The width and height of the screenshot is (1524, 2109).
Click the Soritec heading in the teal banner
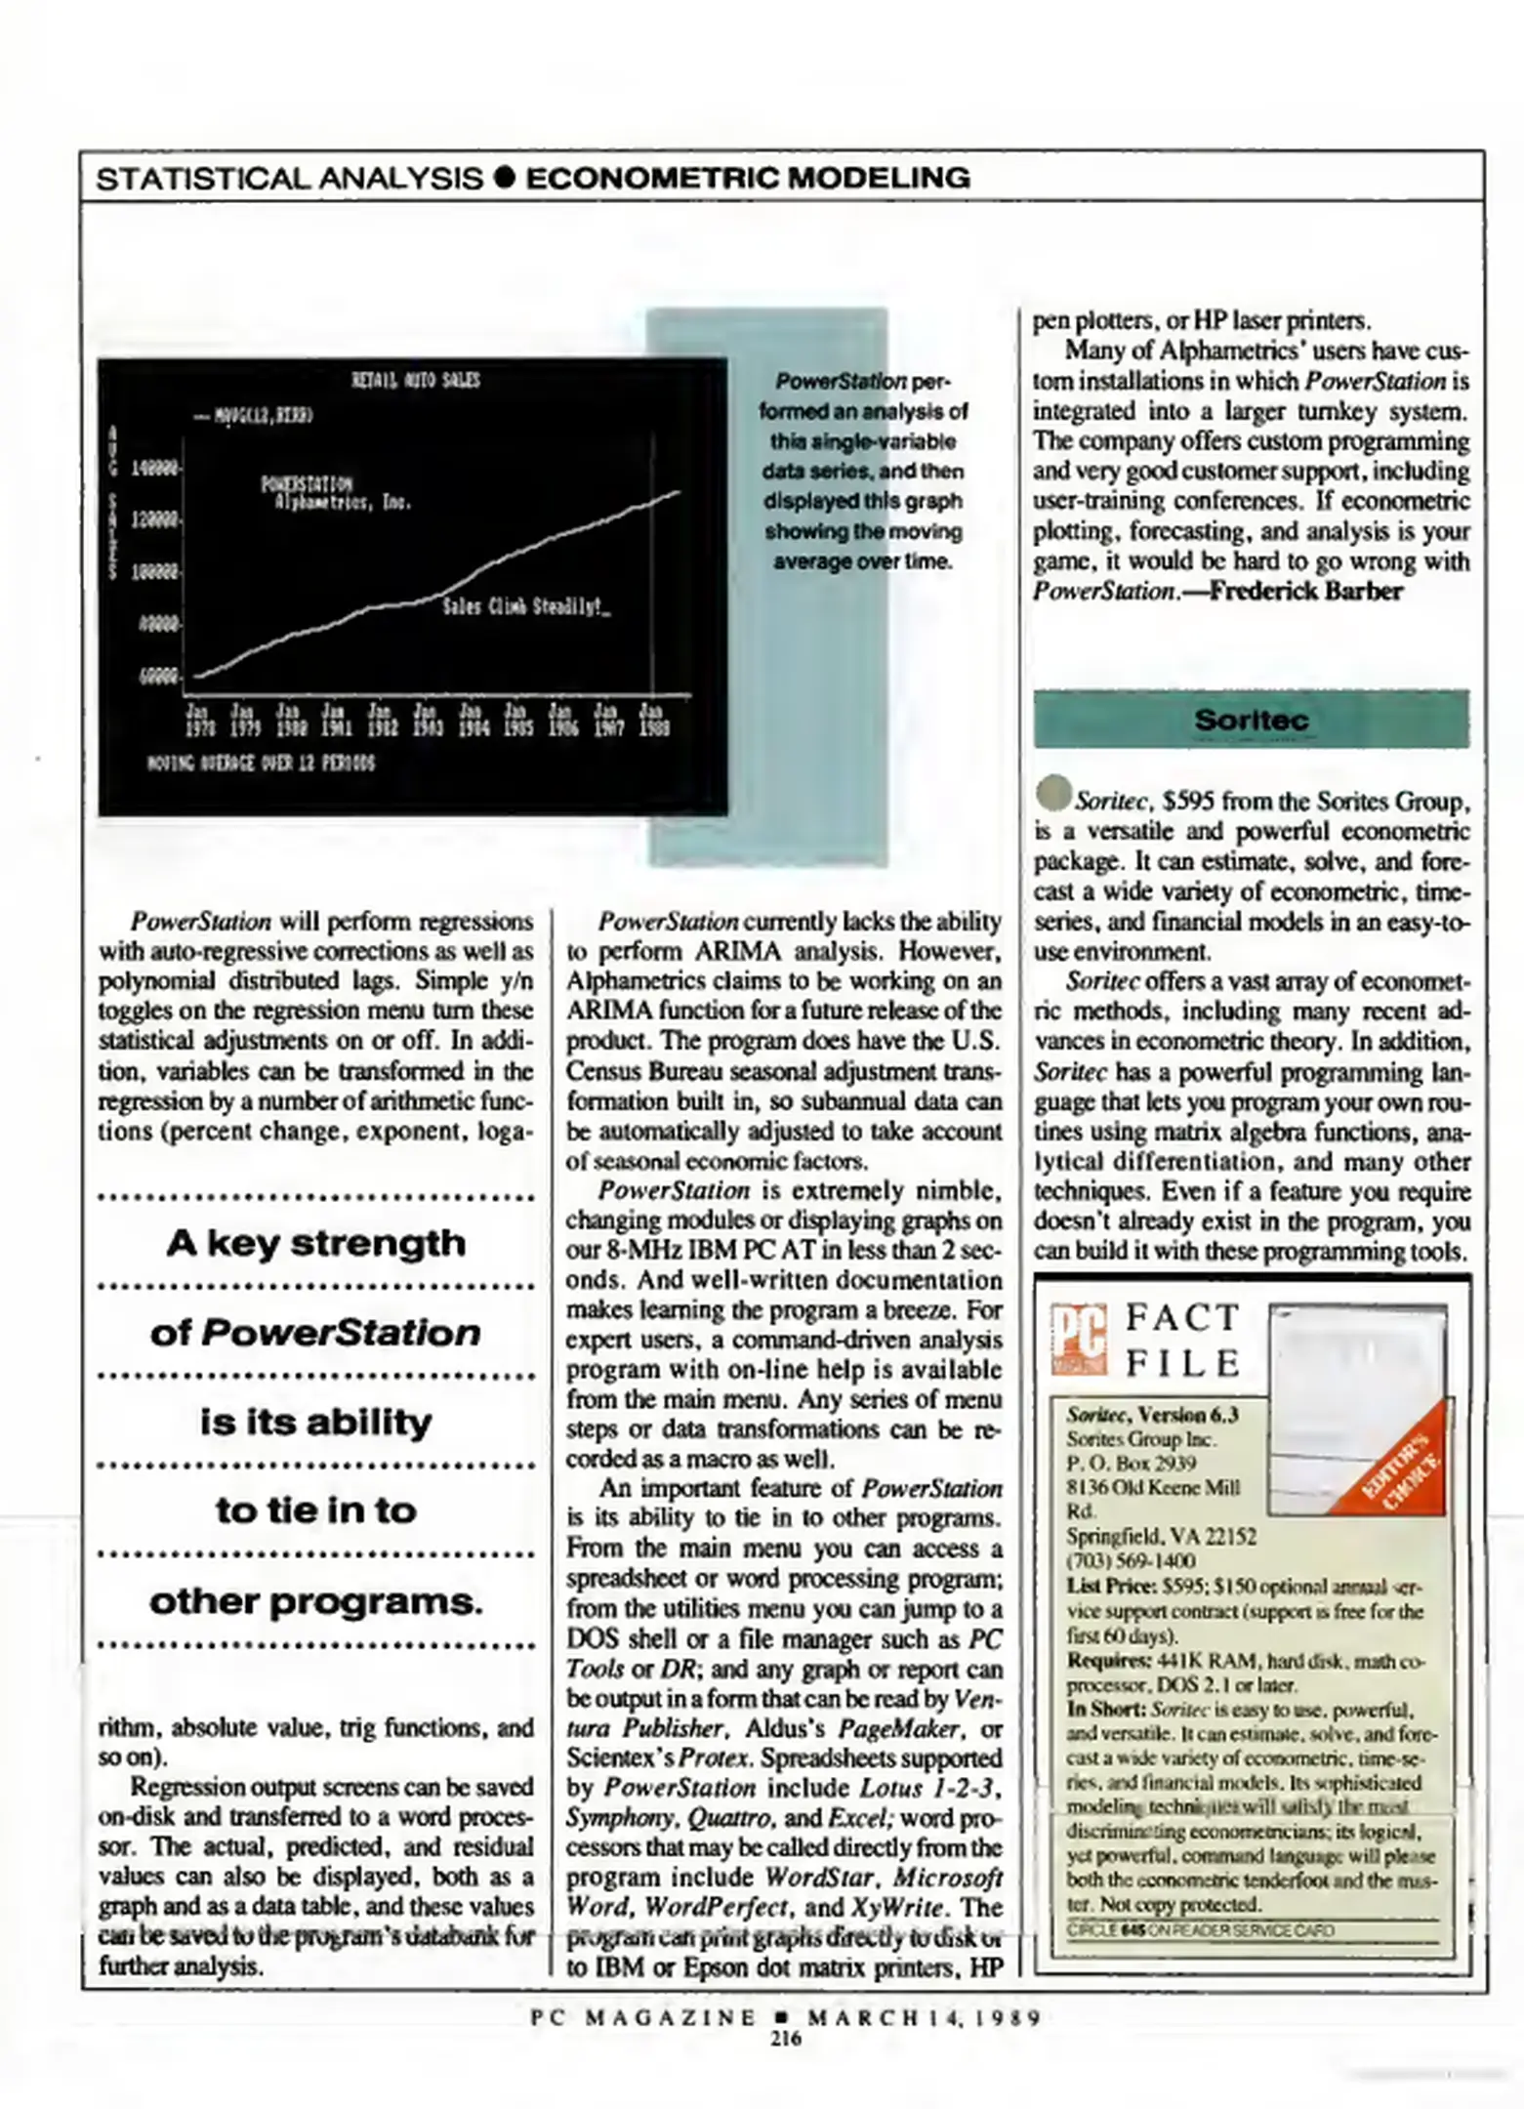tap(1251, 721)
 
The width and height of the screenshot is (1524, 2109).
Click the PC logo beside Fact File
tap(1078, 1339)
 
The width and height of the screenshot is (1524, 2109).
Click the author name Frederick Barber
tap(1306, 592)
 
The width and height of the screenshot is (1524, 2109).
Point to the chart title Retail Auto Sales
tap(415, 380)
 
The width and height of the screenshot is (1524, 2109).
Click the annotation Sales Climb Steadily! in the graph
tap(526, 606)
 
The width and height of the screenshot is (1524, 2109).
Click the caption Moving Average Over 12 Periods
tap(261, 762)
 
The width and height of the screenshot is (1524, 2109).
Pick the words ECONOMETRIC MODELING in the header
tap(748, 178)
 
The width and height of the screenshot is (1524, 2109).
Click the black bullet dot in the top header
tap(504, 178)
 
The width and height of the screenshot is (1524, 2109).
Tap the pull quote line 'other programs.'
tap(315, 1601)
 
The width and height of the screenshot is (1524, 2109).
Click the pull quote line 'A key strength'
tap(315, 1243)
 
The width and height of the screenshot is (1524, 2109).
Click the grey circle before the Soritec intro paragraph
tap(1053, 794)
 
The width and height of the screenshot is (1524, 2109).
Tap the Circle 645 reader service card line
tap(1200, 1930)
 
